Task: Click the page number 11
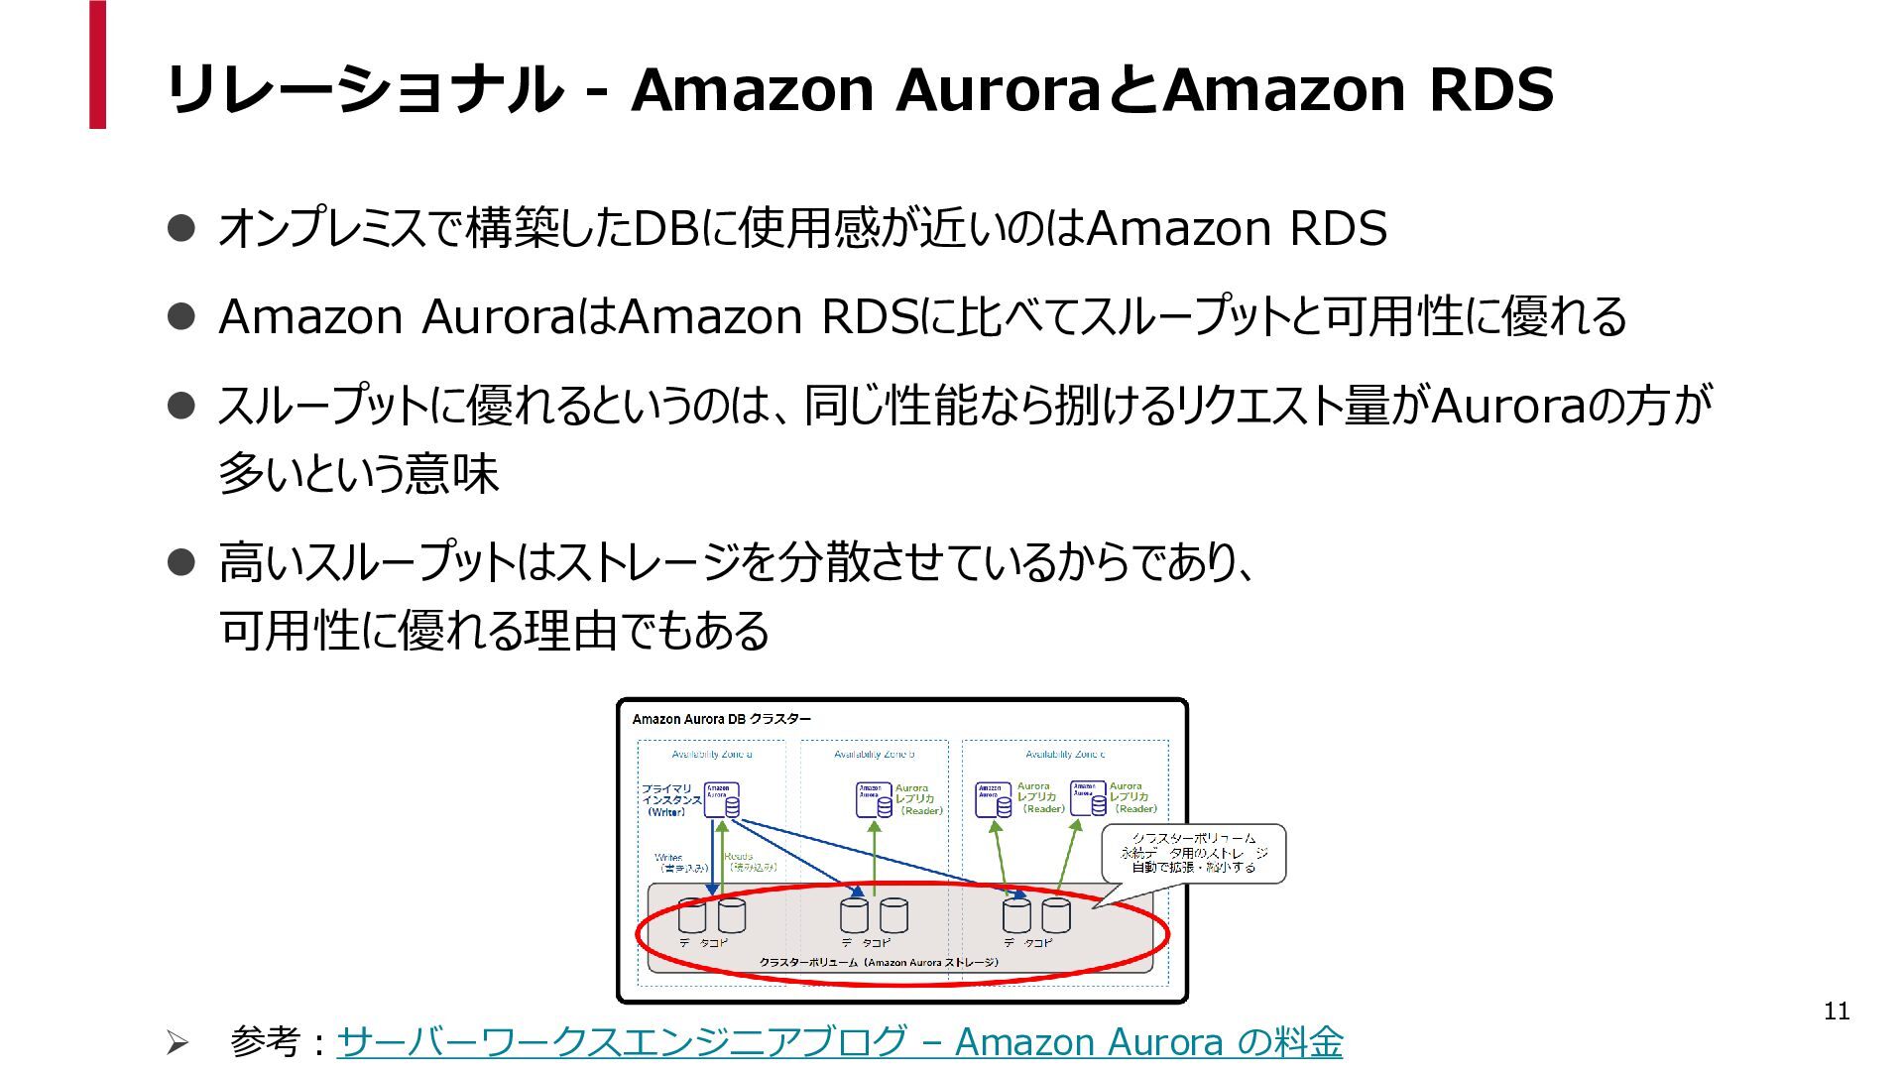click(1837, 1011)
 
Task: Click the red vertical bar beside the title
click(97, 64)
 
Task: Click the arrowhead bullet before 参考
click(177, 1042)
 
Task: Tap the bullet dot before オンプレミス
click(180, 229)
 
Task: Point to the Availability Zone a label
click(711, 755)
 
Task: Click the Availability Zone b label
click(874, 755)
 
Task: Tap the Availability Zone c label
click(1065, 755)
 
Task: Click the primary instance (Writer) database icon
click(722, 800)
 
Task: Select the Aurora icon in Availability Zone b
click(874, 799)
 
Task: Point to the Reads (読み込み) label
click(752, 862)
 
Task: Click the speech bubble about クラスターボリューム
click(1193, 853)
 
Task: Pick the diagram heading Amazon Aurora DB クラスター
click(721, 719)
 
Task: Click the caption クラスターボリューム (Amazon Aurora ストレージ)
click(879, 962)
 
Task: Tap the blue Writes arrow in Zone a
click(711, 853)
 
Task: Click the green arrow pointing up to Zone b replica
click(874, 858)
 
